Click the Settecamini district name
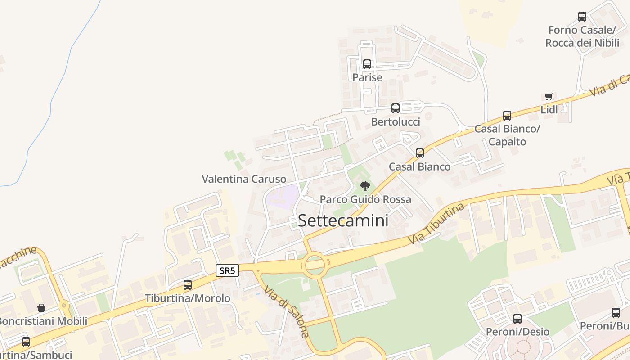[343, 220]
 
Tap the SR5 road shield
[227, 270]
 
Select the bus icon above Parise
[367, 64]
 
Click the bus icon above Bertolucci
[396, 108]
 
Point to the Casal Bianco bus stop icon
[420, 153]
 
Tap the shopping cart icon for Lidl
[549, 96]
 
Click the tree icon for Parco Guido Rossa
[365, 186]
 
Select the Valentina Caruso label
[244, 179]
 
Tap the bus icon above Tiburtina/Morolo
[188, 284]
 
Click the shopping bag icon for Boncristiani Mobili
[41, 308]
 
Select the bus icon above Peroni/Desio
[517, 319]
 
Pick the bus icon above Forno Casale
[582, 17]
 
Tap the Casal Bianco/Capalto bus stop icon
[507, 115]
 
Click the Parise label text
[367, 77]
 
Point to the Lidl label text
[549, 110]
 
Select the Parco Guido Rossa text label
[365, 199]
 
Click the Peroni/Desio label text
[517, 332]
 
